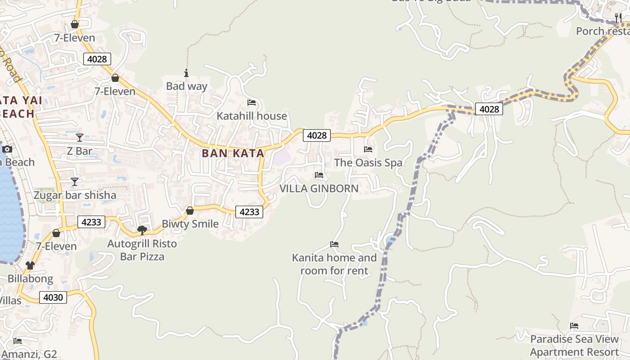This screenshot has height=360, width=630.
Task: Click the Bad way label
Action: [187, 86]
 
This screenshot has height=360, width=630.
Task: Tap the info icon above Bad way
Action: [186, 73]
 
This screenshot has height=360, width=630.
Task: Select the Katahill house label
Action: [252, 116]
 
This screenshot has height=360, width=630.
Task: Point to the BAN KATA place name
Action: [233, 153]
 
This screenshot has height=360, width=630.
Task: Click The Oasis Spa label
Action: [368, 162]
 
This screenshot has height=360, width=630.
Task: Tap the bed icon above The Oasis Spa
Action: [368, 149]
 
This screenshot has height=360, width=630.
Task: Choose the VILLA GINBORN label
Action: [319, 189]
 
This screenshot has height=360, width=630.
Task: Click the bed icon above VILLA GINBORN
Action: [319, 175]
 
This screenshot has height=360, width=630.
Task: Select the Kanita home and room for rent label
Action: [334, 264]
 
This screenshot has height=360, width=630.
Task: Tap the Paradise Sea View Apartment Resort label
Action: [574, 345]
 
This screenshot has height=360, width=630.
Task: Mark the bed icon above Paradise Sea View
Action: [574, 326]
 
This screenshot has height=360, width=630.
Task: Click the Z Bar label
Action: [80, 151]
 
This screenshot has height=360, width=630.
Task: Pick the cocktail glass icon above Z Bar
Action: [80, 138]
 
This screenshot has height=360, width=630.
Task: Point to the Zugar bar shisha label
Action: [75, 195]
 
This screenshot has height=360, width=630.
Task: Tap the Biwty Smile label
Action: [190, 224]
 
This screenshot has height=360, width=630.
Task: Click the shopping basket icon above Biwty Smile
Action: [190, 211]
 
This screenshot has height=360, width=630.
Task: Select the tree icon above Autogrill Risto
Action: [142, 230]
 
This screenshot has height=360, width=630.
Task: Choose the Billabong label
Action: [30, 279]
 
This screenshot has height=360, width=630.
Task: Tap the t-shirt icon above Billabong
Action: [30, 265]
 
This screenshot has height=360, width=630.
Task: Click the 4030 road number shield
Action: [53, 297]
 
